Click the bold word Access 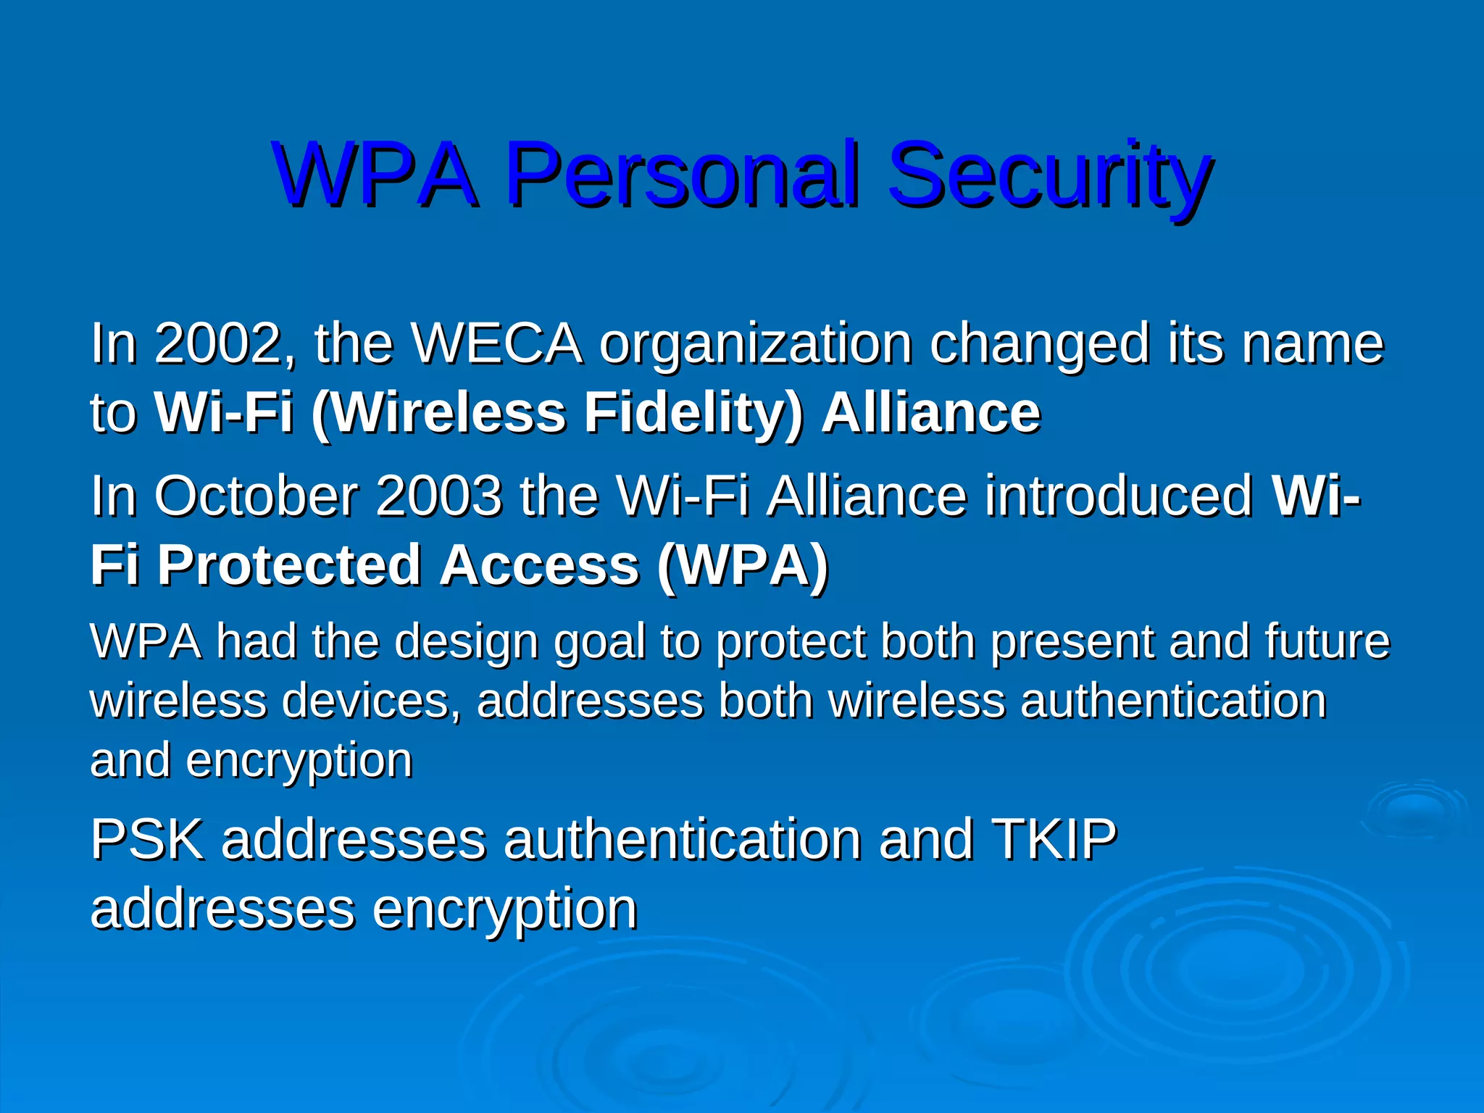click(539, 565)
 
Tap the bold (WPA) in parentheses click(742, 565)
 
